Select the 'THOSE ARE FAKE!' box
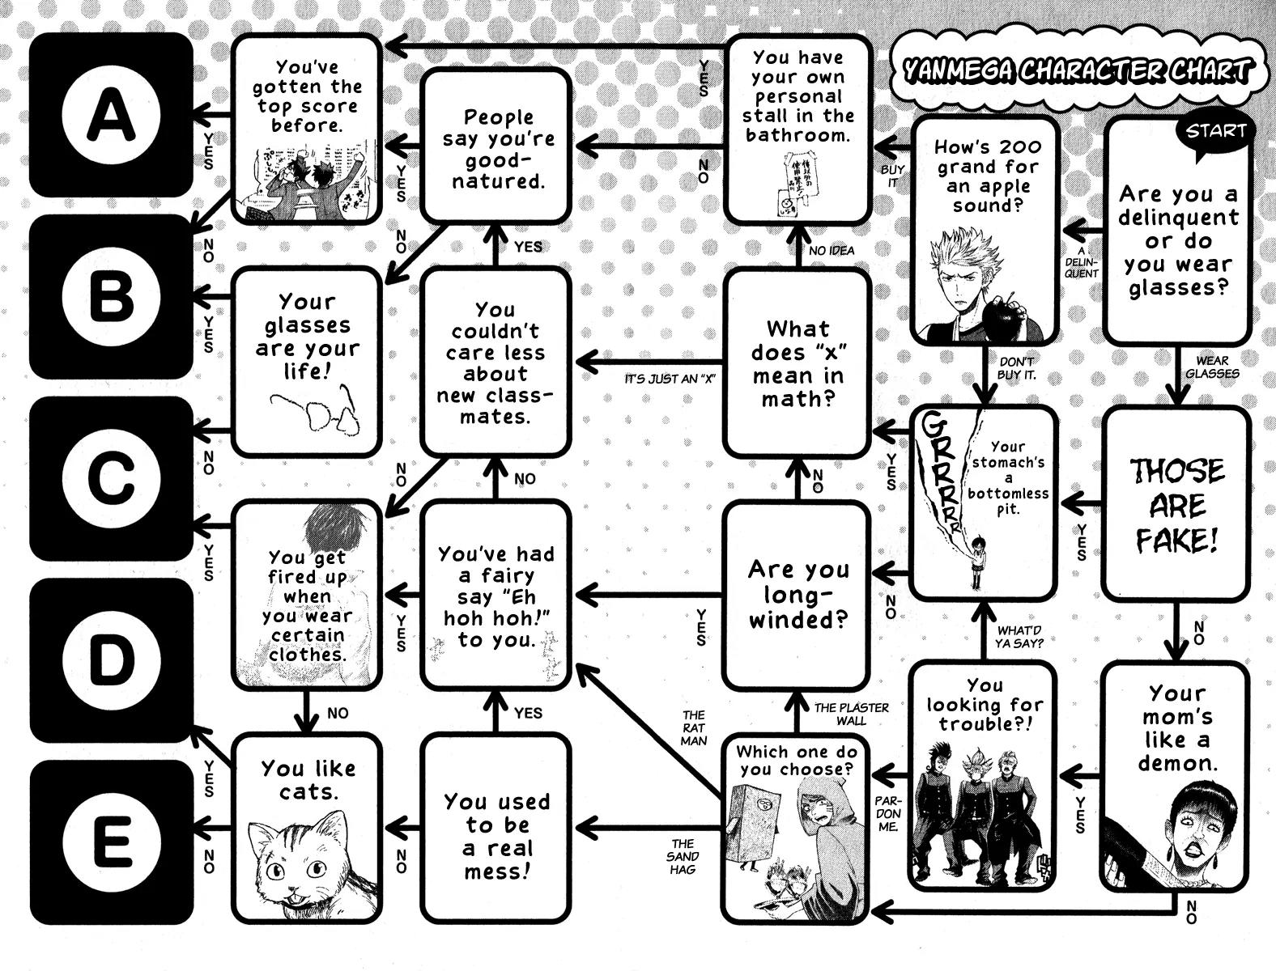click(x=1176, y=506)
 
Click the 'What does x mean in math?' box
click(x=797, y=364)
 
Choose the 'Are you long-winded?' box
click(x=797, y=595)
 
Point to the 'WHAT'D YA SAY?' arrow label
click(x=1019, y=637)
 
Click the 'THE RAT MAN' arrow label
click(x=694, y=727)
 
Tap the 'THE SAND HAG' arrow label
click(x=683, y=856)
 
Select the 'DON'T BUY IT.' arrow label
click(x=1018, y=369)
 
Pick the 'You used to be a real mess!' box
click(x=496, y=836)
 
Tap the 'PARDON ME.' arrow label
click(x=887, y=812)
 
